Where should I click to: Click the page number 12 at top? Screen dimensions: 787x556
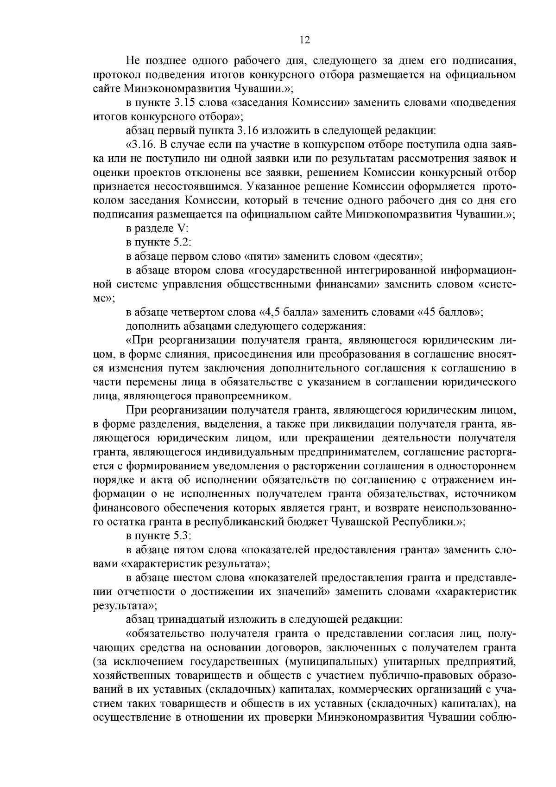click(x=304, y=40)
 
